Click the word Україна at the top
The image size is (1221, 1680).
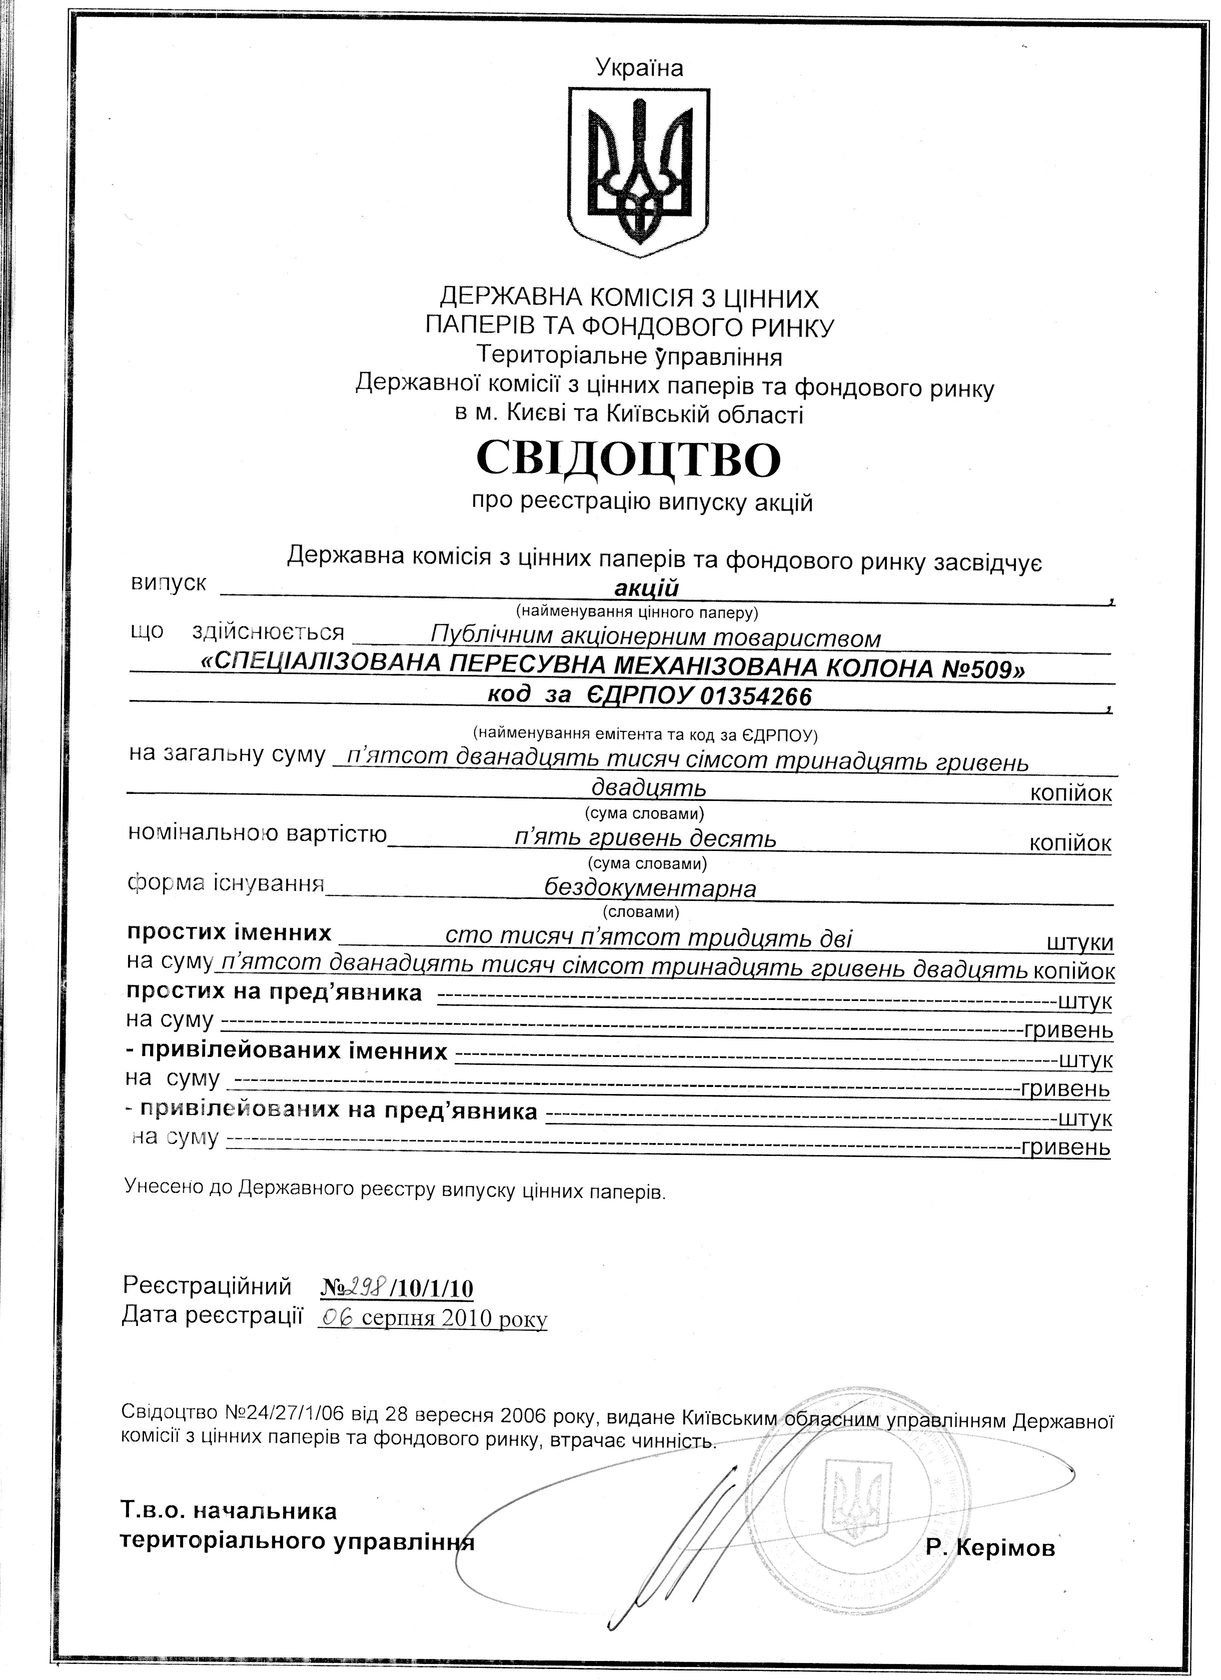pyautogui.click(x=639, y=69)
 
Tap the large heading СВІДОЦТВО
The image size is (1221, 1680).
pyautogui.click(x=628, y=459)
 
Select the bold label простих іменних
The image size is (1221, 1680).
pyautogui.click(x=229, y=932)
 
